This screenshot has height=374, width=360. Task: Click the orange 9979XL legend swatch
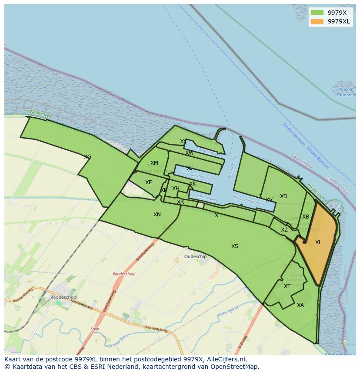(x=317, y=21)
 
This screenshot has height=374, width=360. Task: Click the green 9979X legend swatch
(x=317, y=13)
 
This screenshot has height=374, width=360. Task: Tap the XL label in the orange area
(x=318, y=242)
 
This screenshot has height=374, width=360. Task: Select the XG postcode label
(x=87, y=157)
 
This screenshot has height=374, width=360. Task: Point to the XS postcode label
(x=235, y=246)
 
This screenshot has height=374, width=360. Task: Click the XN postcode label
(x=157, y=215)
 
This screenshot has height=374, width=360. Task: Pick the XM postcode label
(x=154, y=163)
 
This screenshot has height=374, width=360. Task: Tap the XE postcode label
(x=149, y=182)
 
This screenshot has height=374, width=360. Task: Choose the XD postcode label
(x=283, y=196)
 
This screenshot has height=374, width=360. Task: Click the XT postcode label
(x=287, y=286)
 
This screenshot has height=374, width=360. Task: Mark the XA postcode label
(x=300, y=305)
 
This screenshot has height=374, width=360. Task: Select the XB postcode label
(x=306, y=217)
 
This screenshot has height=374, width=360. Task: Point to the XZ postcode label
(x=284, y=230)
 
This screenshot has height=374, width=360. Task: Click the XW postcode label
(x=190, y=153)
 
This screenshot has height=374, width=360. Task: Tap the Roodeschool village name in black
(x=64, y=297)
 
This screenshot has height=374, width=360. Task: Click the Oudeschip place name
(x=196, y=257)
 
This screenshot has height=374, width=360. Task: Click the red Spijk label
(x=95, y=329)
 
